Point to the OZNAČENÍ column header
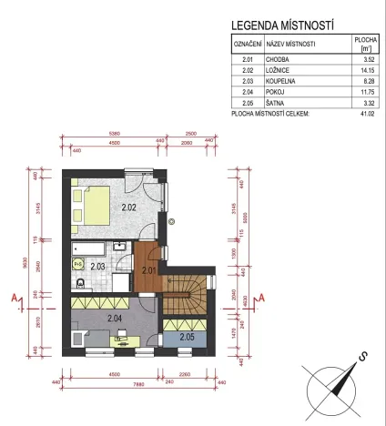click(247, 44)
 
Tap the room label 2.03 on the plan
click(97, 267)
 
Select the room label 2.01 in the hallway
click(147, 269)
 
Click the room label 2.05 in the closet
click(187, 337)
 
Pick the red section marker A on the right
click(260, 297)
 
